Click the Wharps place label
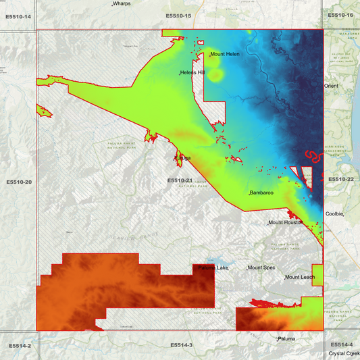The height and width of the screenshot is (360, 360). [x=122, y=4]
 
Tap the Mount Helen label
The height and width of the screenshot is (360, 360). [x=225, y=54]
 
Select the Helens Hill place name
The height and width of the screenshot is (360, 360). [x=192, y=73]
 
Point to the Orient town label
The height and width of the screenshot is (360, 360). [x=331, y=86]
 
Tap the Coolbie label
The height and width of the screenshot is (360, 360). [x=335, y=213]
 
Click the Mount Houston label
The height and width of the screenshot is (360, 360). [x=284, y=222]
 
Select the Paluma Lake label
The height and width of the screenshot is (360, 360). [x=213, y=268]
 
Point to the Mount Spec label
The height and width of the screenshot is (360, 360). [x=261, y=268]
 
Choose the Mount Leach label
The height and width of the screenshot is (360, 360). [x=300, y=278]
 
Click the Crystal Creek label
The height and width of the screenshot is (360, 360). [x=343, y=353]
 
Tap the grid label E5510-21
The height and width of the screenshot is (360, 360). [x=180, y=180]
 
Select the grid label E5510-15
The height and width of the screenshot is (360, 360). [x=179, y=16]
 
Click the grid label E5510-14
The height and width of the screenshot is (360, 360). [x=19, y=16]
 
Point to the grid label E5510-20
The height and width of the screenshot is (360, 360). [x=19, y=182]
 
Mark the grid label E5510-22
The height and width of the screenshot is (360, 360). [x=341, y=179]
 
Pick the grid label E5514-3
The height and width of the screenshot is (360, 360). [x=180, y=345]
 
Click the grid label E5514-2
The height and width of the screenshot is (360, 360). [x=20, y=345]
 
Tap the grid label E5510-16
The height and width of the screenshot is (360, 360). [x=341, y=15]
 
